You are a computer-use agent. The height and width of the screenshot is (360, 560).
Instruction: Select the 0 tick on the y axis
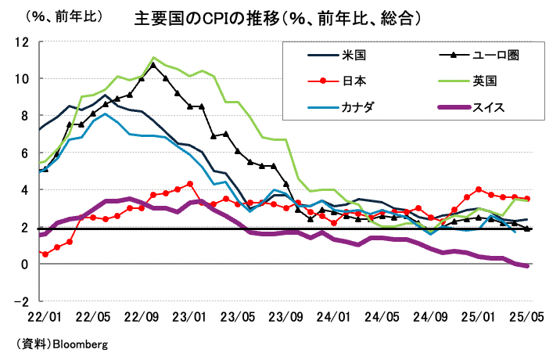coord(25,265)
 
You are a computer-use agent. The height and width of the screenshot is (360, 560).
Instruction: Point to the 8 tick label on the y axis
coord(25,116)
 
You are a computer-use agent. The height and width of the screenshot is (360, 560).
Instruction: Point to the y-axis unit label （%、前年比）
coord(56,16)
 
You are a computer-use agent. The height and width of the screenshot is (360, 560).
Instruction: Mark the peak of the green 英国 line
coord(153,57)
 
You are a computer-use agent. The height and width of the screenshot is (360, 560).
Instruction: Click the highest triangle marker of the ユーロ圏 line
coord(153,65)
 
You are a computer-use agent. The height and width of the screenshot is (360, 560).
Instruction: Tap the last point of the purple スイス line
coord(526,266)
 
